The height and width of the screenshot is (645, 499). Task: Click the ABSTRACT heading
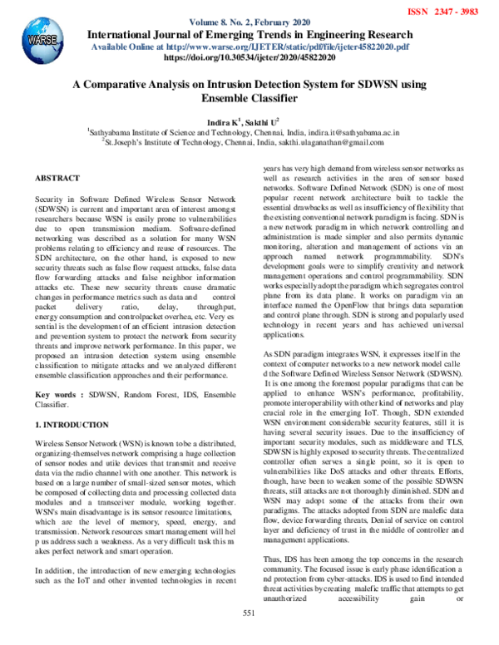click(57, 179)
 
